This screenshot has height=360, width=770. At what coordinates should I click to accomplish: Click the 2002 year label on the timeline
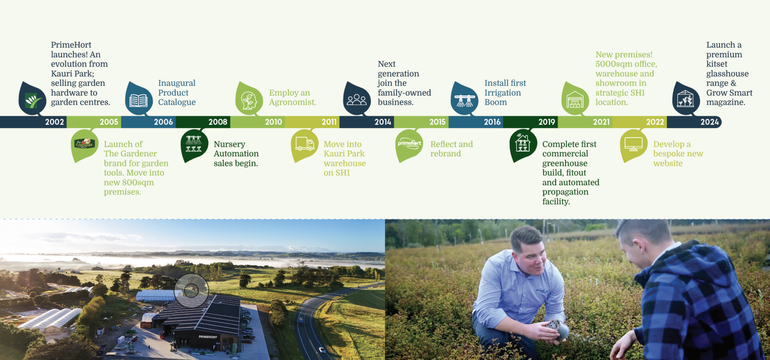54,122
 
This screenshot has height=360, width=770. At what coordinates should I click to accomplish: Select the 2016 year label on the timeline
492,122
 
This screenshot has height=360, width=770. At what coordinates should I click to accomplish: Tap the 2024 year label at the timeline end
710,122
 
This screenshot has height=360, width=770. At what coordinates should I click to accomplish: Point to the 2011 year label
329,122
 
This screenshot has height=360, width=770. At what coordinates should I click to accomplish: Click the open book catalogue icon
139,100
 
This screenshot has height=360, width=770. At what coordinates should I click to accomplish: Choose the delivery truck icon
305,144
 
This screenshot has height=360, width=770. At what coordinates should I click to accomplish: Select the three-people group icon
357,100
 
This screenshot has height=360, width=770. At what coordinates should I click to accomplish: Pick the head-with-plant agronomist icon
249,100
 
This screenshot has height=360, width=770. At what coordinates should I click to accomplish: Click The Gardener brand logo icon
85,144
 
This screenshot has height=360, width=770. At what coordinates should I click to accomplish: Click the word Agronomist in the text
292,102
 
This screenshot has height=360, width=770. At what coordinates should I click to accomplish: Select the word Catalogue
177,102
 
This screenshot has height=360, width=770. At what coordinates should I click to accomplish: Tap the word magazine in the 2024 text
726,102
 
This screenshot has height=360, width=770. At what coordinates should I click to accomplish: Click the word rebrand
445,154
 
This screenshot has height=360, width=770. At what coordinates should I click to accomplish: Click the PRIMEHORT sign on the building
208,337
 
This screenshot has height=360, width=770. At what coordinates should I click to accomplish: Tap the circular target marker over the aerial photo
191,291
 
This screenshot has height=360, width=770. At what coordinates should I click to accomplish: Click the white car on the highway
322,350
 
